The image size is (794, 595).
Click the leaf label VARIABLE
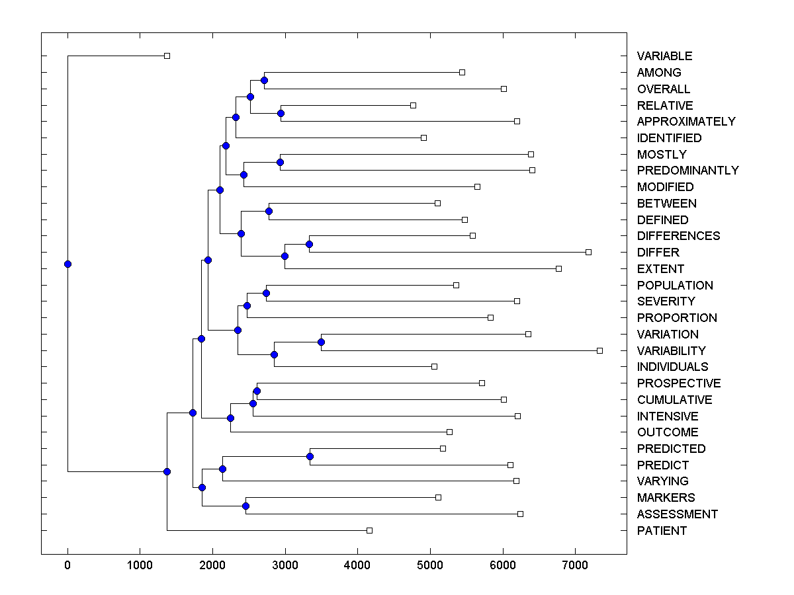664,56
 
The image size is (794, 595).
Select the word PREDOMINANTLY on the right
687,171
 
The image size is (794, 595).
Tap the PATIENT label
662,531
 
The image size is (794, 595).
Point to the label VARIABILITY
671,351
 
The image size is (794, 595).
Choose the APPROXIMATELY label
686,122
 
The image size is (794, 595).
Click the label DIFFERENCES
678,236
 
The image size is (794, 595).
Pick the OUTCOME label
668,432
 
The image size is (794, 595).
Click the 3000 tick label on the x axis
285,566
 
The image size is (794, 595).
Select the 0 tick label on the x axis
67,566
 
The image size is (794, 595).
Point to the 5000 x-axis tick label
430,566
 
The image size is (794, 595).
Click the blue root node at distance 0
67,264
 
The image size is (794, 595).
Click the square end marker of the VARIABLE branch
167,56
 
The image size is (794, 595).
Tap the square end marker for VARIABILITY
599,350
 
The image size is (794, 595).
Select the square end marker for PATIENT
369,530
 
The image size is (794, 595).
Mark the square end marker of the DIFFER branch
588,252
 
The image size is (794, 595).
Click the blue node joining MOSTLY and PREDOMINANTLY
280,162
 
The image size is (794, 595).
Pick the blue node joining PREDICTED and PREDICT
310,456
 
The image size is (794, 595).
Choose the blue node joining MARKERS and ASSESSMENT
245,506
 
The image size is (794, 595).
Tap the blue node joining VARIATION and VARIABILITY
321,342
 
